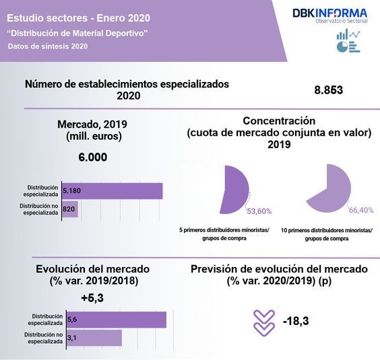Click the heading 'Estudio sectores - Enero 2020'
[x=79, y=17]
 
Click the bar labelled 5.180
[x=112, y=191]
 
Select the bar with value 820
[x=69, y=209]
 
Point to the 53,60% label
[x=259, y=211]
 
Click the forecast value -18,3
[x=296, y=322]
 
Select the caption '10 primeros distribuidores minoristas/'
[x=326, y=229]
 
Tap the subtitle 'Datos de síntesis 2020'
[x=47, y=46]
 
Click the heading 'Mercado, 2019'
[x=92, y=124]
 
